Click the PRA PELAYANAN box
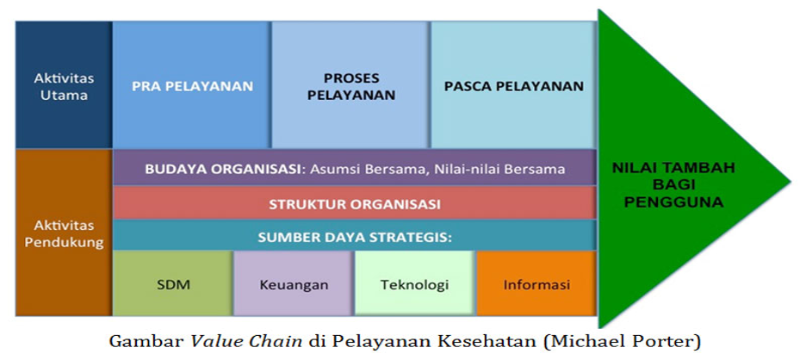[192, 85]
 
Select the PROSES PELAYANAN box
[350, 85]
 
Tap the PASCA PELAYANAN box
[513, 85]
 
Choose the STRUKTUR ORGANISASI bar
[355, 202]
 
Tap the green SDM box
[173, 284]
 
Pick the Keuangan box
[294, 284]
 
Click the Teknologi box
[415, 284]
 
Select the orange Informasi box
[536, 284]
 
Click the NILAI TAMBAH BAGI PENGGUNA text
[673, 184]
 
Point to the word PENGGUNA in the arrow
[673, 202]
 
